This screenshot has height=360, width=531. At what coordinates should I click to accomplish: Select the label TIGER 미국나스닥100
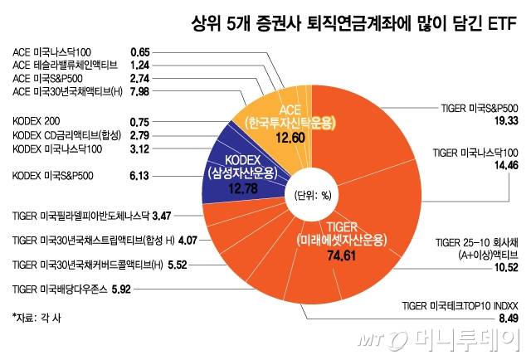[476, 153]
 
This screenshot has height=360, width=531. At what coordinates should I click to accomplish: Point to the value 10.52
[505, 267]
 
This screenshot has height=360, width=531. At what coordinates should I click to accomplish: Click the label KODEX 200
[37, 120]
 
